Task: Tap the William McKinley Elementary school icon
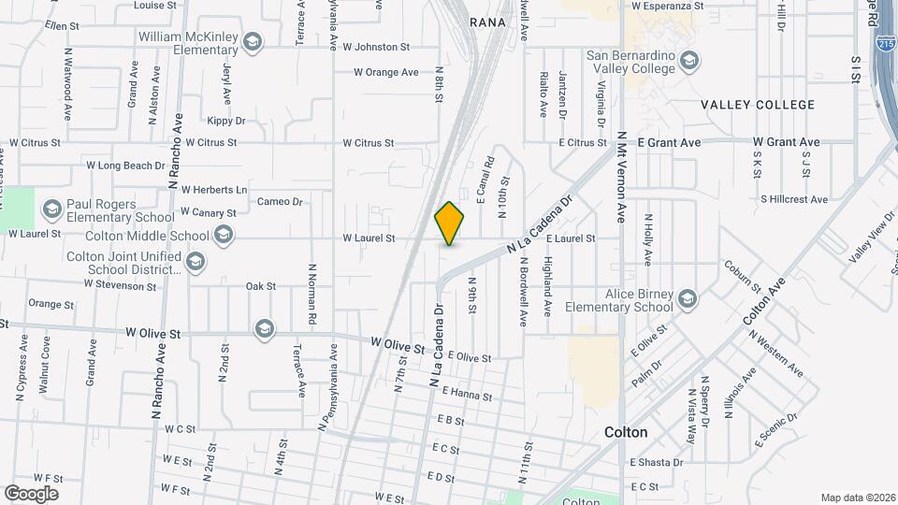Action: click(252, 41)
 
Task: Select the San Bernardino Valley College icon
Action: click(688, 62)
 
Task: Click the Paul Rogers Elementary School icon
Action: click(51, 207)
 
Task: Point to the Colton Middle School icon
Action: click(224, 235)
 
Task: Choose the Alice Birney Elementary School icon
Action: click(688, 299)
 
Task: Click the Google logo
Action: click(31, 493)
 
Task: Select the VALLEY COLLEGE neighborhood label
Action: click(759, 106)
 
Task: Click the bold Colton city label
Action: click(626, 433)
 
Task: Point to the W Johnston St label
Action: click(376, 46)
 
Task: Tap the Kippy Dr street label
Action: click(225, 121)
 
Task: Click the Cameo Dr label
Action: click(280, 201)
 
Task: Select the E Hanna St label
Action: click(467, 395)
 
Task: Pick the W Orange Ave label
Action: click(385, 72)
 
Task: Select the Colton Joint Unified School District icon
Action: click(197, 260)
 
